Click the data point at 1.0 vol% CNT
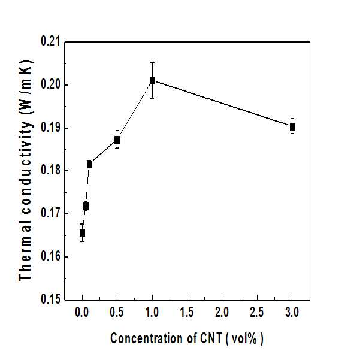[153, 81]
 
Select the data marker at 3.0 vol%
[292, 127]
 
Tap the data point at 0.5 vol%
[117, 140]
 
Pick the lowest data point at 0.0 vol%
[82, 233]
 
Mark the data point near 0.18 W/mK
[89, 164]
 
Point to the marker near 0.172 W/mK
[86, 207]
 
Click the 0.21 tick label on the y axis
[50, 41]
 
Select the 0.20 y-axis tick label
[50, 84]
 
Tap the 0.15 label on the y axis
[50, 299]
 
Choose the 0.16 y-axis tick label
[50, 256]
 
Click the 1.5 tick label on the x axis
[187, 313]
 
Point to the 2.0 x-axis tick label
[222, 313]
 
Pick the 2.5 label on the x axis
[257, 313]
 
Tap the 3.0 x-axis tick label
[292, 313]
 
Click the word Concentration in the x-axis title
[147, 338]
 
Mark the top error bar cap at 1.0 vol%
[153, 62]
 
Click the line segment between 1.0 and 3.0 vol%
[222, 103]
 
